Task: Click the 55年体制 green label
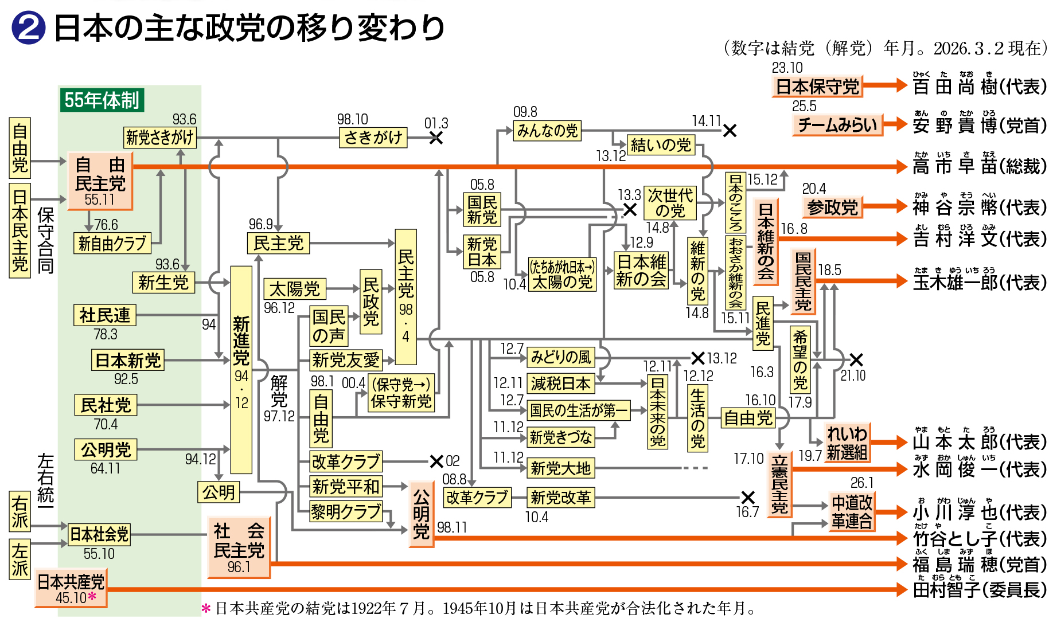[102, 100]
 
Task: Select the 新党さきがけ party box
[160, 138]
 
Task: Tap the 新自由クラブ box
[112, 244]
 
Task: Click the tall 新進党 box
[241, 370]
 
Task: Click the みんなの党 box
[547, 131]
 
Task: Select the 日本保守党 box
[817, 87]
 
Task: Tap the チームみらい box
[837, 125]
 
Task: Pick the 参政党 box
[832, 207]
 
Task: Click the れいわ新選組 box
[847, 443]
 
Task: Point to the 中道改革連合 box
[852, 512]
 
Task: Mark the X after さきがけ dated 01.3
[436, 138]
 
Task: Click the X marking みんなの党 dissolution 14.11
[730, 131]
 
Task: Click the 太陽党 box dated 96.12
[295, 289]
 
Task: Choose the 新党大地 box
[560, 468]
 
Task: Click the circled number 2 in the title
[28, 28]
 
